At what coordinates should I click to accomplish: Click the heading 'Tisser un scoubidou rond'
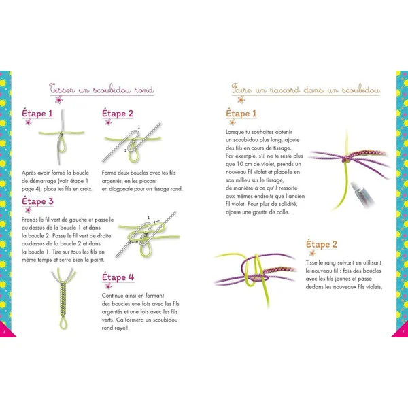[x=101, y=89]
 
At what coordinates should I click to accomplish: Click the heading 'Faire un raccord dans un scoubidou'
[x=306, y=89]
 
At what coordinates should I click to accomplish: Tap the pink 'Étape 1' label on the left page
[x=37, y=113]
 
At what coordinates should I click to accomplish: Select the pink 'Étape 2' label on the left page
[x=118, y=113]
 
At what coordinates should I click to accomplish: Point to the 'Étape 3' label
[x=37, y=201]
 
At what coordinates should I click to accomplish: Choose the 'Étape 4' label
[x=118, y=277]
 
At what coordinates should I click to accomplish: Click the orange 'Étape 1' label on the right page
[x=241, y=113]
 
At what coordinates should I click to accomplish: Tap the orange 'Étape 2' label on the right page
[x=322, y=244]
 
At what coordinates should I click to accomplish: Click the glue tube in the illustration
[x=362, y=192]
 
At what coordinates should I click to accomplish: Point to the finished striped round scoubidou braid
[x=63, y=299]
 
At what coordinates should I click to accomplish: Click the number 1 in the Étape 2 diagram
[x=139, y=127]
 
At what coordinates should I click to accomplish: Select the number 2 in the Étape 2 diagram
[x=125, y=151]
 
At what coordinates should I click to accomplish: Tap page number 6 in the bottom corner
[x=4, y=332]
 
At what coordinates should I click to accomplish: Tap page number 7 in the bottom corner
[x=403, y=332]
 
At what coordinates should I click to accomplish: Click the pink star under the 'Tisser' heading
[x=59, y=99]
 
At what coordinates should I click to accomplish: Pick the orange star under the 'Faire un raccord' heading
[x=241, y=99]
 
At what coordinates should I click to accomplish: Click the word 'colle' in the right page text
[x=282, y=212]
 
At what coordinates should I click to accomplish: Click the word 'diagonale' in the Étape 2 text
[x=120, y=189]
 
